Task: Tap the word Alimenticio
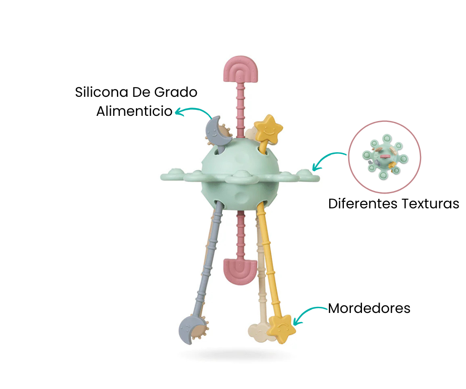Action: tap(134, 111)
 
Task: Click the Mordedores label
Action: tap(369, 308)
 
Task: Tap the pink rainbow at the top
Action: tap(240, 69)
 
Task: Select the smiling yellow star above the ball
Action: tap(268, 130)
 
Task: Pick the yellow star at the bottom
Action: tap(281, 328)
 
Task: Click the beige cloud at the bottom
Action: tap(259, 333)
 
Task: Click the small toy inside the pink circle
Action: tap(385, 157)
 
